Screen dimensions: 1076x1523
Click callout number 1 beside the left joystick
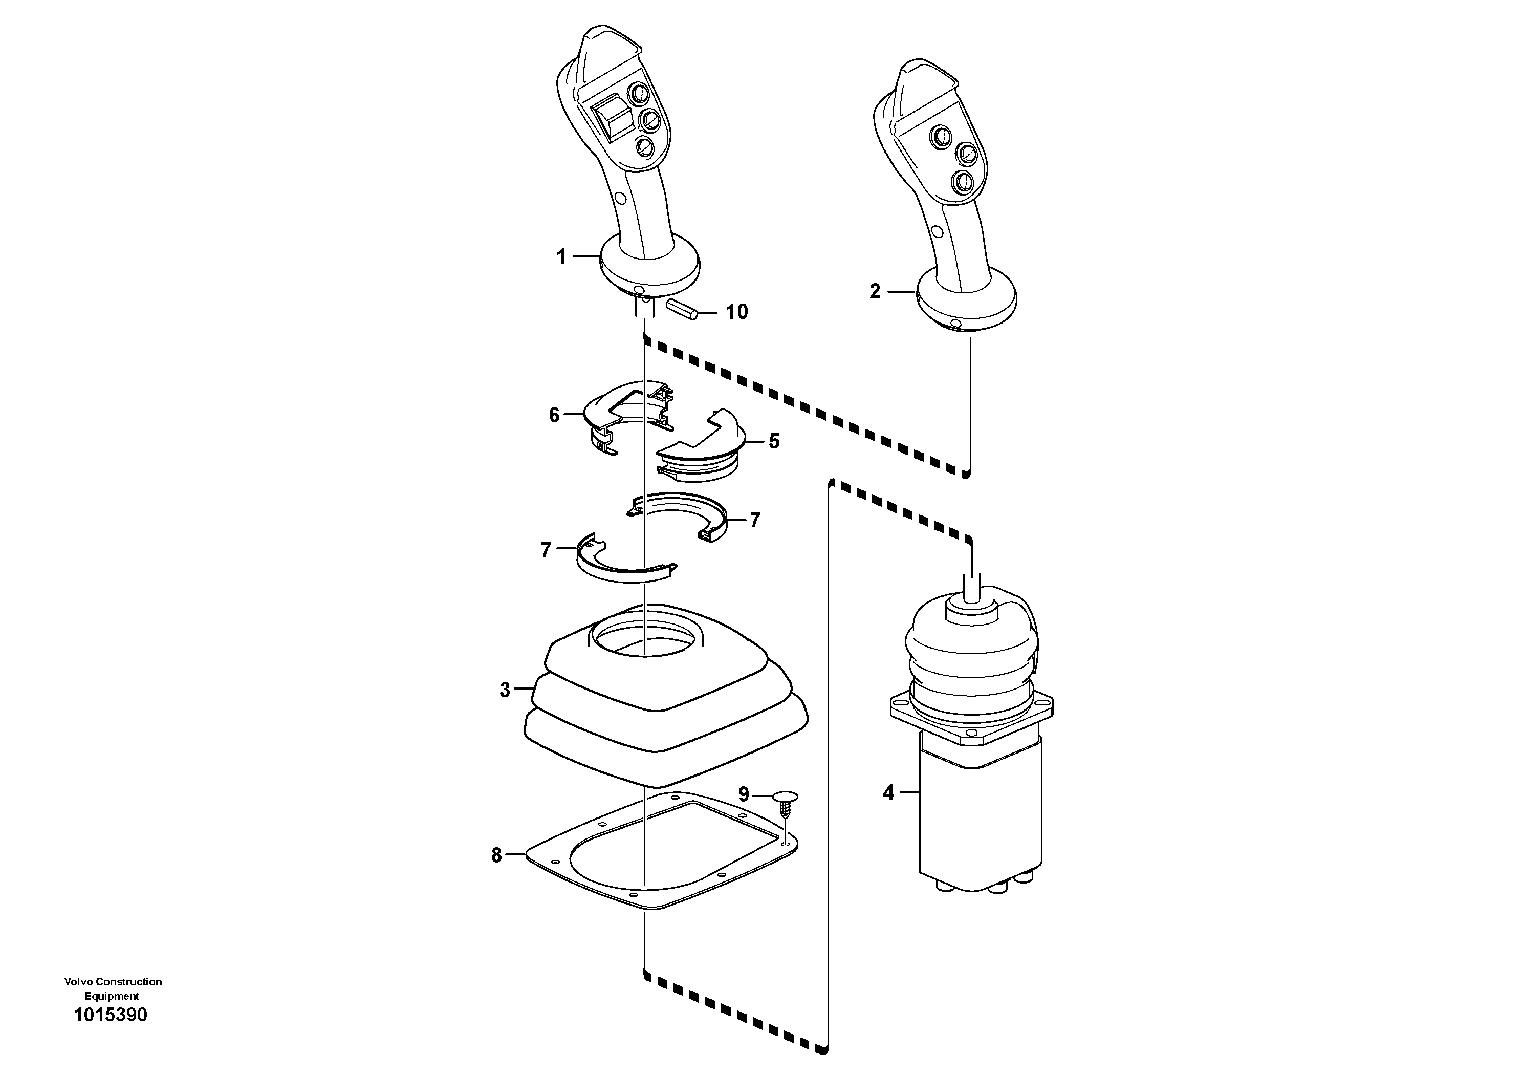pos(561,257)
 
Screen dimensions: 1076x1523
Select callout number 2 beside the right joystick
pos(875,291)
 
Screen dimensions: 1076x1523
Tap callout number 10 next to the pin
pos(736,312)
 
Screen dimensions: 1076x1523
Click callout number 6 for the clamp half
pos(555,415)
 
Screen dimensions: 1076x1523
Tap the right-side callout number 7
pos(755,520)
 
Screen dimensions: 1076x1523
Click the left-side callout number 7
pos(546,550)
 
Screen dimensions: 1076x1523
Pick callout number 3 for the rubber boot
pos(505,690)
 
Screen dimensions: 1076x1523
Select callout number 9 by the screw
pos(744,794)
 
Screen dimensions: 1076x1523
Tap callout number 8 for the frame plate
pos(496,855)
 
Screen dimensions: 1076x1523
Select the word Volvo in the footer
pos(78,981)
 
